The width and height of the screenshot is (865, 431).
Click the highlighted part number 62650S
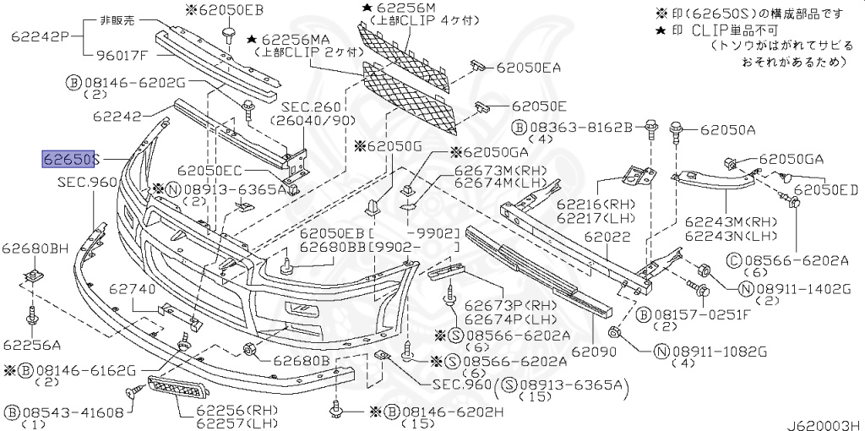point(71,159)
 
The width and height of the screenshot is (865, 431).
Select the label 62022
point(607,239)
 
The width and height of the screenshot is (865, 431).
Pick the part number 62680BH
point(35,248)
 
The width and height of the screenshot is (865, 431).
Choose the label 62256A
point(31,345)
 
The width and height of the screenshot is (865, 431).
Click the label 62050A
point(729,130)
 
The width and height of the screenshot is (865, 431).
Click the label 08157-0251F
point(702,314)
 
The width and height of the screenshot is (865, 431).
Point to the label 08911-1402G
point(804,289)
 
